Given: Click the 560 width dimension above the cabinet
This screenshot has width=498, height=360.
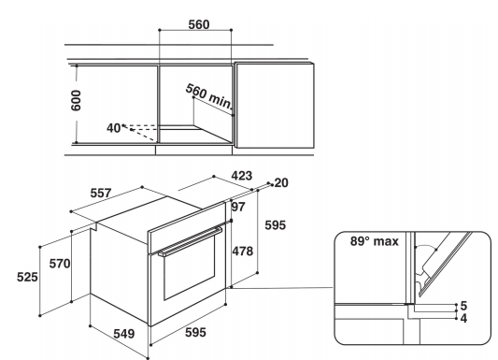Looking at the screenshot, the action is coord(199,24).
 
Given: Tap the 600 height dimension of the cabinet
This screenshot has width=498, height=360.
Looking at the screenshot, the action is coord(76,100).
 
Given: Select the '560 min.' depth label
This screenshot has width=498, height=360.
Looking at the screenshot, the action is coord(209,95).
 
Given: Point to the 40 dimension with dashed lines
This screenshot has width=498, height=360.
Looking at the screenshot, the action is coord(113,128).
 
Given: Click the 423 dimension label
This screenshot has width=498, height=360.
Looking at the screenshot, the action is coord(242,176).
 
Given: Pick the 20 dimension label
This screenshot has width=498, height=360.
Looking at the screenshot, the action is coord(281,182).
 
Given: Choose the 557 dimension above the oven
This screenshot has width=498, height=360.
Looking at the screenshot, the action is coord(101,193).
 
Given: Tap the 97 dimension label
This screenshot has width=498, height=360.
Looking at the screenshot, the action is coord(238,207).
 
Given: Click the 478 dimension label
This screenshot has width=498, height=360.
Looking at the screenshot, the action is coord(243,251).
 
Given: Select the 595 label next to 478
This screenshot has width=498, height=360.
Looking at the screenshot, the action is coord(276,225).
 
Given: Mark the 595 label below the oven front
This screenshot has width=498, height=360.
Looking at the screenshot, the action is coord(195,332).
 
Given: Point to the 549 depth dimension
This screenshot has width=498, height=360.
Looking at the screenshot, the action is coord(124,334).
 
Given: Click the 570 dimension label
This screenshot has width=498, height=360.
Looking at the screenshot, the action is coord(60,264).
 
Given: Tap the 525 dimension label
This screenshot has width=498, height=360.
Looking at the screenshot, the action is coord(27,277).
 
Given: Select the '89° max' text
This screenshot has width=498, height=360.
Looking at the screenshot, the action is coord(374,241).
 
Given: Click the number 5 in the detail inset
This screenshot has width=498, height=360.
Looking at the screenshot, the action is coord(463,306).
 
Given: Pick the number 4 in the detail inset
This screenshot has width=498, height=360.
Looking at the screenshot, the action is coord(463,318).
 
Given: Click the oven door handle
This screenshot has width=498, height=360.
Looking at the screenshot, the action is coord(191,240).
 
